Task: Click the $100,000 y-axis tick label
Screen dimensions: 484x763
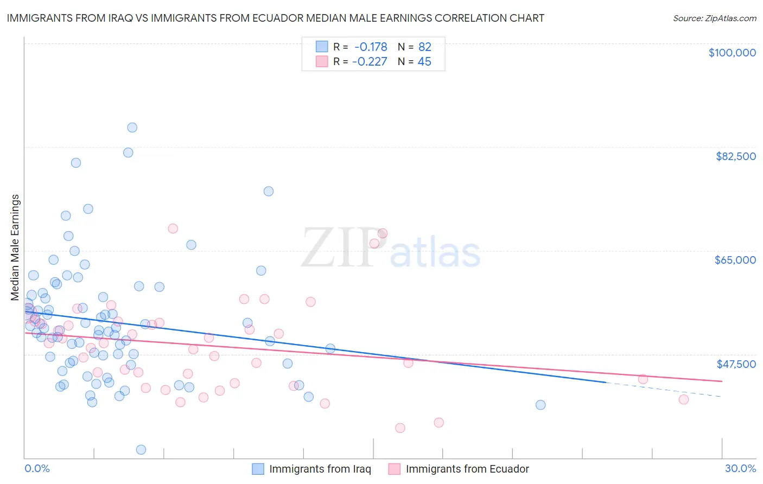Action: [x=732, y=53]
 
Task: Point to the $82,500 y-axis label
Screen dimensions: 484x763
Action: [x=735, y=156]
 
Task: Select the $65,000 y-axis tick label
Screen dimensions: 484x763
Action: [x=735, y=260]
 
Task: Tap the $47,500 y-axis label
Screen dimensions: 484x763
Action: [x=736, y=364]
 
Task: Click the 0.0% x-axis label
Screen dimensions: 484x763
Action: [x=37, y=469]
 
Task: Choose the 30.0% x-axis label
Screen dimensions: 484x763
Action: [x=740, y=469]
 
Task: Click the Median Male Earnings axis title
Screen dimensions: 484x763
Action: [x=15, y=247]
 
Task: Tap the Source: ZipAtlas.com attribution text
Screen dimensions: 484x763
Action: [x=714, y=18]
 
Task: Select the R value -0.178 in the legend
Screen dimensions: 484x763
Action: [x=371, y=47]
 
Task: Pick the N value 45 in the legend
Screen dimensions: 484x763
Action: [x=424, y=62]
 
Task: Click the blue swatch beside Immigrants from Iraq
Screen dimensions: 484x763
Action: [x=258, y=469]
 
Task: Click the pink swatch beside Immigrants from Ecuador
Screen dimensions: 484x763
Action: [x=395, y=469]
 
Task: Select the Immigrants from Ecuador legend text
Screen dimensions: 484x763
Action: [x=467, y=469]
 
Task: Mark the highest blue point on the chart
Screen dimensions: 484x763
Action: [x=132, y=128]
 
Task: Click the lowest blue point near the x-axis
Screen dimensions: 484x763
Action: [x=141, y=449]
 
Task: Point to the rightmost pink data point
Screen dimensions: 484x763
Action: [x=684, y=399]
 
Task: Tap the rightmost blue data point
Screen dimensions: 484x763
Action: [x=541, y=405]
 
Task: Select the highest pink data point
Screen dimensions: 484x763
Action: [x=173, y=228]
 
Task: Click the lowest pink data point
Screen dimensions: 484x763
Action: [x=400, y=428]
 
